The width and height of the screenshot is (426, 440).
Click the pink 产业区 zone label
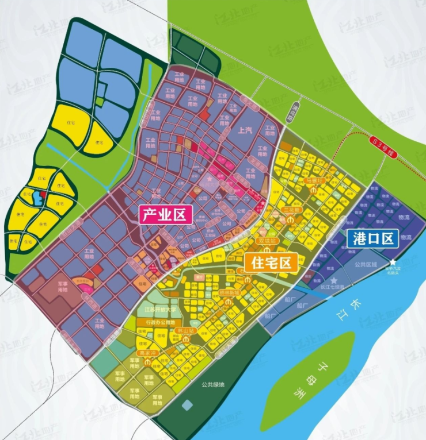164,215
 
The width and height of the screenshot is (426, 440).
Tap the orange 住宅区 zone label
271,263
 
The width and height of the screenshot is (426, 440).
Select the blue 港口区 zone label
372,238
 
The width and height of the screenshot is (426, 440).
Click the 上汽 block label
245,131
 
